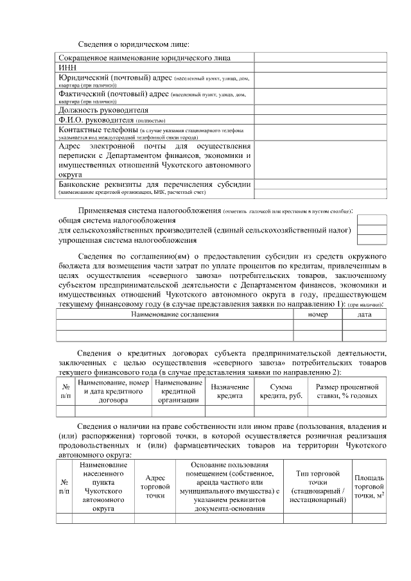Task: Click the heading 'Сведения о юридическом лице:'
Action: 134,44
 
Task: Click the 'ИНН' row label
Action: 67,67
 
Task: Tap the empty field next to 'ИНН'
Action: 320,67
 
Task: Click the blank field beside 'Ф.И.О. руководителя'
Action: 320,119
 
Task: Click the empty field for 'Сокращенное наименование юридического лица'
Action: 320,57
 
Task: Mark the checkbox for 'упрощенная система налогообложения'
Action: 372,240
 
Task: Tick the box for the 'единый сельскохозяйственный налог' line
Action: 372,230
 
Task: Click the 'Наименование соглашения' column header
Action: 175,315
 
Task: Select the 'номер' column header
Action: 317,315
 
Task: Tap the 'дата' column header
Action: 364,315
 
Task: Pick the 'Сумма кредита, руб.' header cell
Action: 281,392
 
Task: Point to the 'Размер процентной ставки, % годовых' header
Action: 347,392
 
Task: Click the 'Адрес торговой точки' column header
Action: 154,487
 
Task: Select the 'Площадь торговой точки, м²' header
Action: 369,487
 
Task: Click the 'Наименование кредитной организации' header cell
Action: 179,392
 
